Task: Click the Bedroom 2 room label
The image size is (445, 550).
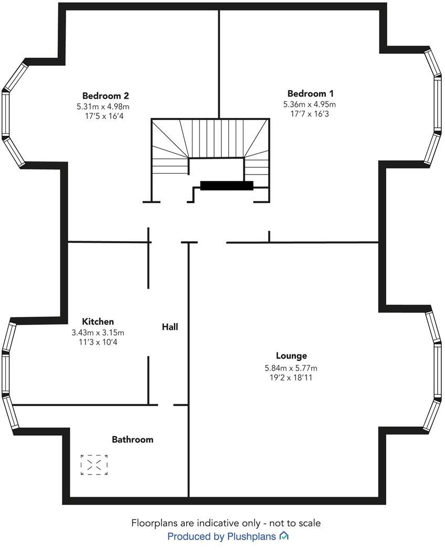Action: coord(105,95)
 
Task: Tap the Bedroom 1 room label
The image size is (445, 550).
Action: coord(310,94)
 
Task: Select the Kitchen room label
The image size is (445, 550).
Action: coord(98,321)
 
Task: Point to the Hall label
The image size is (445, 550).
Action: coord(169,327)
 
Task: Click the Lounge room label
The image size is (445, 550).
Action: coord(291,355)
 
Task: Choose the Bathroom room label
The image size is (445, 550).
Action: coord(132,439)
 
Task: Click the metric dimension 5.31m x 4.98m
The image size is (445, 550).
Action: coord(103,106)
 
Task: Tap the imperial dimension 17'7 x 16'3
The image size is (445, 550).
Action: coord(309,114)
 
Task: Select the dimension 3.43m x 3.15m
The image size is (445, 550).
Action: coord(98,332)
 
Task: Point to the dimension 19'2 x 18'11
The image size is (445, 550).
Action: coord(291,377)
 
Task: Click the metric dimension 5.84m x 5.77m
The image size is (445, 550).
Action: coord(291,368)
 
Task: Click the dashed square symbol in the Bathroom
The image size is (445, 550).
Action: coord(94,465)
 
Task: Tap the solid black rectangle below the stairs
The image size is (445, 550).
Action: coord(227,185)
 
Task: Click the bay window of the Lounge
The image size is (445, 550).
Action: coord(435,370)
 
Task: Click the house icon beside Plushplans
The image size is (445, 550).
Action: coord(284,536)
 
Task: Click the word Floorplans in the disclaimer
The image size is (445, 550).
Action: coord(156,523)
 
